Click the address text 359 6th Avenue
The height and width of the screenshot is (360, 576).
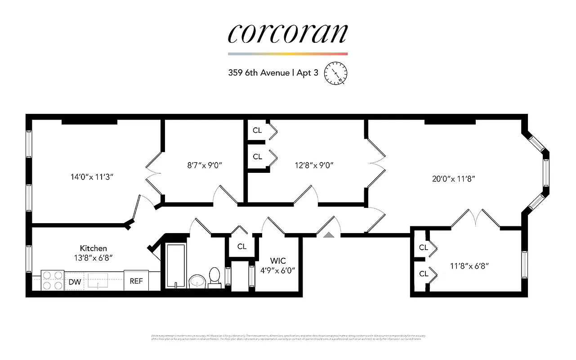pyautogui.click(x=259, y=73)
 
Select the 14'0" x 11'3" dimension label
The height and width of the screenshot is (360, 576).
pyautogui.click(x=91, y=177)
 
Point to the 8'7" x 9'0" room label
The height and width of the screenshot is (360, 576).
pyautogui.click(x=204, y=165)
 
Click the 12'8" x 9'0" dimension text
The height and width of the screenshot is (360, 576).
pyautogui.click(x=314, y=165)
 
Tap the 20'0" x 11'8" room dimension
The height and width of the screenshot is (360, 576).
pyautogui.click(x=454, y=178)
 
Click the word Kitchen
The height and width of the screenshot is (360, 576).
pyautogui.click(x=94, y=248)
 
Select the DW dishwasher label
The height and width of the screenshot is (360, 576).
pyautogui.click(x=75, y=282)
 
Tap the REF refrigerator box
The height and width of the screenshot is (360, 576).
pyautogui.click(x=136, y=281)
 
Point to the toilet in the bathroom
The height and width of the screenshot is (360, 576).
pyautogui.click(x=214, y=276)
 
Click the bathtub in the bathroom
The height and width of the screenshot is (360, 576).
pyautogui.click(x=176, y=265)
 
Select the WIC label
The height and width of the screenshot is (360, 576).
pyautogui.click(x=278, y=261)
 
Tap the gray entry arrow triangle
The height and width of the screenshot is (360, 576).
pyautogui.click(x=330, y=234)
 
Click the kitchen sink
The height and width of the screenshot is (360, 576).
pyautogui.click(x=98, y=280)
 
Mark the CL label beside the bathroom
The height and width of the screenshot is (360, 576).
pyautogui.click(x=242, y=246)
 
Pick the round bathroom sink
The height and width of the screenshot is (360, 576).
pyautogui.click(x=196, y=281)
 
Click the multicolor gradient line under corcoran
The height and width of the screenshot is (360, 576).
pyautogui.click(x=288, y=54)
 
